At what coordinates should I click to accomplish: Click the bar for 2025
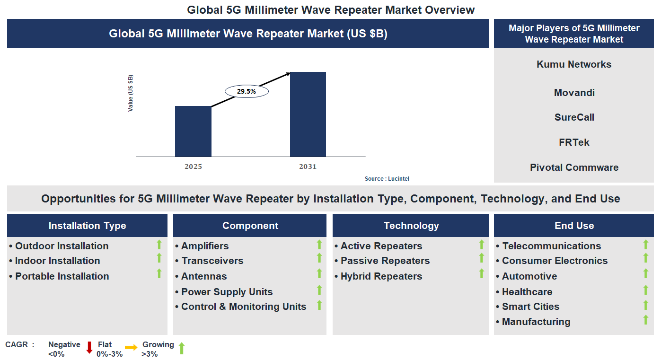tap(193, 131)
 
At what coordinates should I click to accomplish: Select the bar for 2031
tap(308, 114)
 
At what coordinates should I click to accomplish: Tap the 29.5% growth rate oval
tap(246, 92)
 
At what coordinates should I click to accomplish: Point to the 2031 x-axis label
tap(308, 167)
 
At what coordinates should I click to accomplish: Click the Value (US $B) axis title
tap(131, 93)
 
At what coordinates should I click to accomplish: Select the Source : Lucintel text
tap(387, 179)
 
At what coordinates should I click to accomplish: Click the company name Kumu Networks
tap(573, 64)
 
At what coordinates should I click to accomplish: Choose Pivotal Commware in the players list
tap(573, 167)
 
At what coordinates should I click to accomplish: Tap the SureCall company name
tap(574, 117)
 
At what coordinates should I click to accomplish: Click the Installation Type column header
tap(87, 226)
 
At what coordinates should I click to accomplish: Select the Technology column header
tap(411, 226)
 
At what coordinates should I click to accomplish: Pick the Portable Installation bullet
tap(62, 276)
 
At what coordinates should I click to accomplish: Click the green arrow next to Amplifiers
tap(319, 245)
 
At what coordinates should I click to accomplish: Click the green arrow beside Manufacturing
tap(645, 320)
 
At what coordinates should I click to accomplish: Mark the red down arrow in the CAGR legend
tap(89, 348)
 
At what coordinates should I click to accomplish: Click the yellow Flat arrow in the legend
tap(131, 348)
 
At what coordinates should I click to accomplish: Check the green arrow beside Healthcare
tap(645, 290)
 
